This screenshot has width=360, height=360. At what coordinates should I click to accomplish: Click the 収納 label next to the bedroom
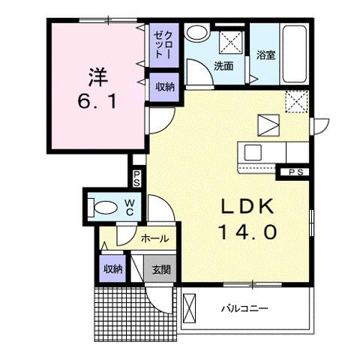pos(163,87)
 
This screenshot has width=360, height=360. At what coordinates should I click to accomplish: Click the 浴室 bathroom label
pos(265,55)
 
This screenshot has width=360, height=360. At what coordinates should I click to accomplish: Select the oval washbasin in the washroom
pos(198,33)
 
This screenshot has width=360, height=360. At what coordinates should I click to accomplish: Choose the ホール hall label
pos(154,239)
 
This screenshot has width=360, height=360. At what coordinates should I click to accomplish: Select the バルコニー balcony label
pos(244,308)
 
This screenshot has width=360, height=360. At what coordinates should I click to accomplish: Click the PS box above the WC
pos(137,179)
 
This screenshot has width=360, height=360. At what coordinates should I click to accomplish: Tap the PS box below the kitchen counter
pos(295,172)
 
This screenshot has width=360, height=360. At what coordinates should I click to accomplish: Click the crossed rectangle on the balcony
pos(190,308)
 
